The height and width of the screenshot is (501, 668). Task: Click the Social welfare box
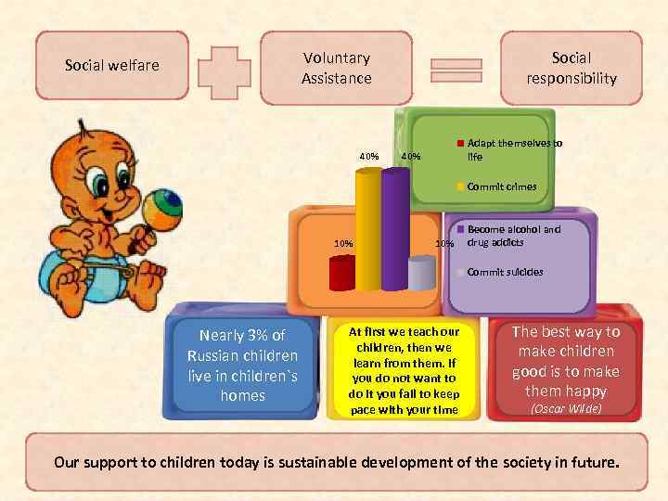[112, 65]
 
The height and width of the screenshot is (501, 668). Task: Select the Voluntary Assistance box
[336, 69]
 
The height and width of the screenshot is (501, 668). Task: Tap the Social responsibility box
[571, 69]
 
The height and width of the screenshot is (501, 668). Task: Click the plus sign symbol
[225, 68]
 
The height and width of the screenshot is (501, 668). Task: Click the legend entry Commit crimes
[501, 186]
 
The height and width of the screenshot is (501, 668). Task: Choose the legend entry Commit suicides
[505, 272]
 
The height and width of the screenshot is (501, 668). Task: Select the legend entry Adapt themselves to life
[515, 150]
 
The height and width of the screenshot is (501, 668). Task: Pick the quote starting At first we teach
[403, 369]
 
